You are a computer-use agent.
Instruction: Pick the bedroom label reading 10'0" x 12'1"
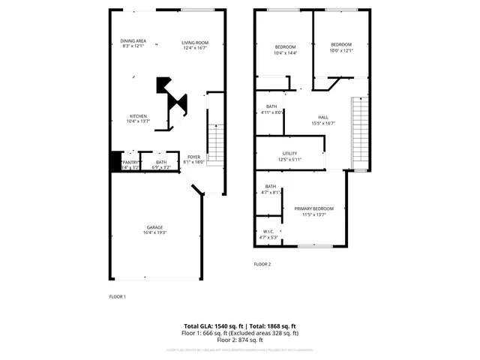point(341,47)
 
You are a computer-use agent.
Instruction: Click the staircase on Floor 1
point(215,142)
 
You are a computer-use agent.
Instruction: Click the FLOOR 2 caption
point(262,264)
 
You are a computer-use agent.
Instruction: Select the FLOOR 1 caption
point(118,297)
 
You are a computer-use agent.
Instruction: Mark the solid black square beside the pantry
point(115,161)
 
